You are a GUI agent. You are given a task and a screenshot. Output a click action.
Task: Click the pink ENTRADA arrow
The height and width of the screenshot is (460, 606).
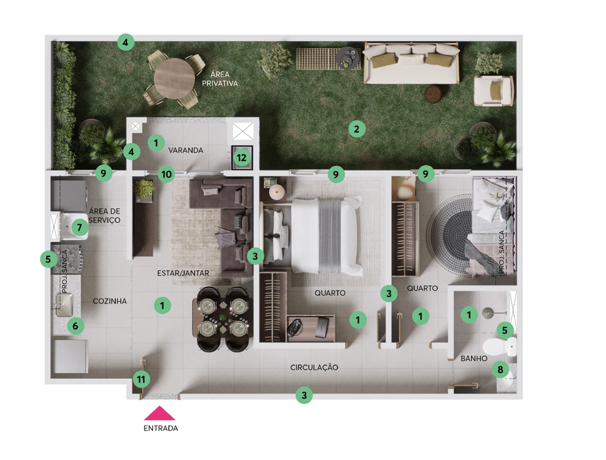[x=160, y=413]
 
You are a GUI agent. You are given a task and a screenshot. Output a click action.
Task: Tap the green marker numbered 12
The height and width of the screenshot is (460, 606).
[x=242, y=158]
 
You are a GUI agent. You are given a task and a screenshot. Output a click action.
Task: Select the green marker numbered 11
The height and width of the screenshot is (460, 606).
[x=141, y=379]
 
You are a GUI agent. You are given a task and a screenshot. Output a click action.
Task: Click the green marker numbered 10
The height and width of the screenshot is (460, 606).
[x=167, y=174]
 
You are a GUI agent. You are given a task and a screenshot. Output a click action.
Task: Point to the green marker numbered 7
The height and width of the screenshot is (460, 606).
[x=80, y=227]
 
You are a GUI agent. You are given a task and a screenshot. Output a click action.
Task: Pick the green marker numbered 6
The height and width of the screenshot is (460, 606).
[x=75, y=326]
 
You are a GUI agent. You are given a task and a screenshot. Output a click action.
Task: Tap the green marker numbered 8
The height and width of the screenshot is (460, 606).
[x=500, y=370]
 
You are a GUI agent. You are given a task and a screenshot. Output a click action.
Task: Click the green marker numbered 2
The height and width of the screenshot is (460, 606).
[x=357, y=129]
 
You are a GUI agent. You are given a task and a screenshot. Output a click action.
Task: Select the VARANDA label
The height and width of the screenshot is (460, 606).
[x=185, y=150]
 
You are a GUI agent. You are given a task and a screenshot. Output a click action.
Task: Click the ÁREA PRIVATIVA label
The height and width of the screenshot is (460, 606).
[x=220, y=79]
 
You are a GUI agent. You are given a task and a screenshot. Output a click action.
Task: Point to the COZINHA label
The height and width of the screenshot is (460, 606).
[x=110, y=301]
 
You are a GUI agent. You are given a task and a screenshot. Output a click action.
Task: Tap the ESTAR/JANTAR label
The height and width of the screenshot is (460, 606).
[x=183, y=273]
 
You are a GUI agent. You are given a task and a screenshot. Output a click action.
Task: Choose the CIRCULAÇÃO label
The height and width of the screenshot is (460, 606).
[x=315, y=367]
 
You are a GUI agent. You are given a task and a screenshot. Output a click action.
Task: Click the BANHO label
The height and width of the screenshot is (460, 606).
[x=474, y=358]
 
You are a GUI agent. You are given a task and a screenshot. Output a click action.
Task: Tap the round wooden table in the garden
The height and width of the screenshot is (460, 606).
[x=175, y=79]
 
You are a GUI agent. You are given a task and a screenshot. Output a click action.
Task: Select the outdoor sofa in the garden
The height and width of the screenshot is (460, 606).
[x=412, y=63]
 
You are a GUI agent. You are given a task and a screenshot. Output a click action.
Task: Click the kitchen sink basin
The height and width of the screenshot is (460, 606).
[x=64, y=304]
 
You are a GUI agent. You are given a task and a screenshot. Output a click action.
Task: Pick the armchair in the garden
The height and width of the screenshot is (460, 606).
[x=493, y=90]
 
